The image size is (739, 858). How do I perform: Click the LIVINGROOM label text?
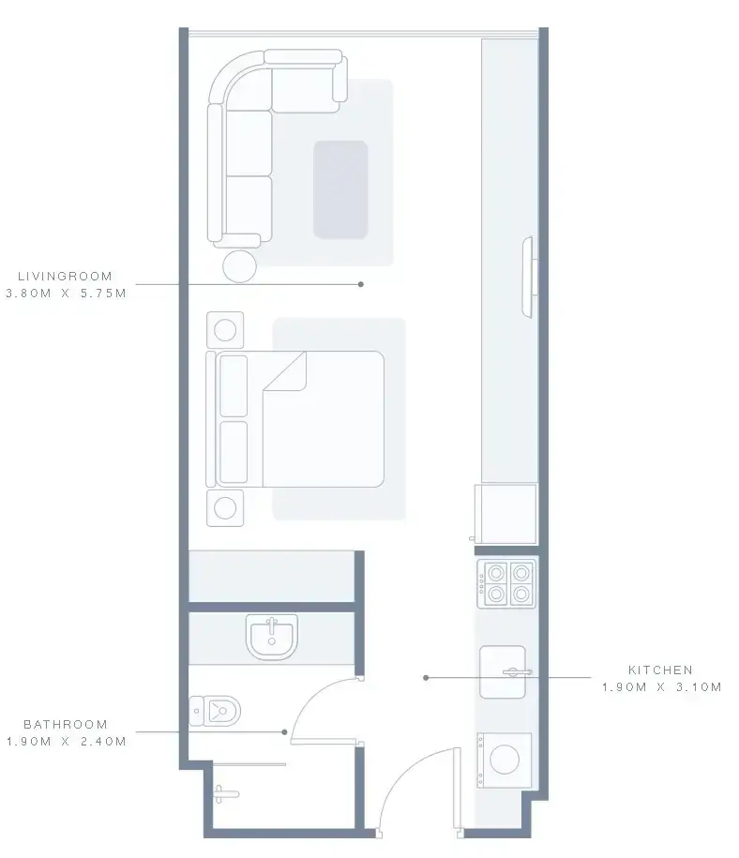65,277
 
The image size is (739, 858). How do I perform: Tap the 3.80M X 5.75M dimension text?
66,294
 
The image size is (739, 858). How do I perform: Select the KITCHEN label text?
661,670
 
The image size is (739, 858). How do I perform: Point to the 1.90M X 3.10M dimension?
662,686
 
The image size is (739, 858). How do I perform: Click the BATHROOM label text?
66,725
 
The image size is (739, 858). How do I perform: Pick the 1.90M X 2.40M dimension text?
67,742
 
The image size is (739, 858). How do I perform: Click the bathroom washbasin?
272,637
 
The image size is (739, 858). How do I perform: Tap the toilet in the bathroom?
215,711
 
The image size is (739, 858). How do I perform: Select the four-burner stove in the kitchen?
506,583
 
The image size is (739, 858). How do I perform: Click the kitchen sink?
503,672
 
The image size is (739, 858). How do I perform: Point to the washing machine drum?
505,760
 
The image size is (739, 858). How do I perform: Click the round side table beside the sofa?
240,266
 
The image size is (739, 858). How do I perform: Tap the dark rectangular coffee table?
340,189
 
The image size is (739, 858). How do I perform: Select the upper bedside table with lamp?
225,330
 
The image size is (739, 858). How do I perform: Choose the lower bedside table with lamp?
225,508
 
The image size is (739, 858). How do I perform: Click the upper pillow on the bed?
234,386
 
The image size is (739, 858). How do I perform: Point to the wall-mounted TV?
528,277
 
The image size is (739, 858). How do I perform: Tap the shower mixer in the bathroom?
225,794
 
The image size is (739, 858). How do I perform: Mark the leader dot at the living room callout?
361,284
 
